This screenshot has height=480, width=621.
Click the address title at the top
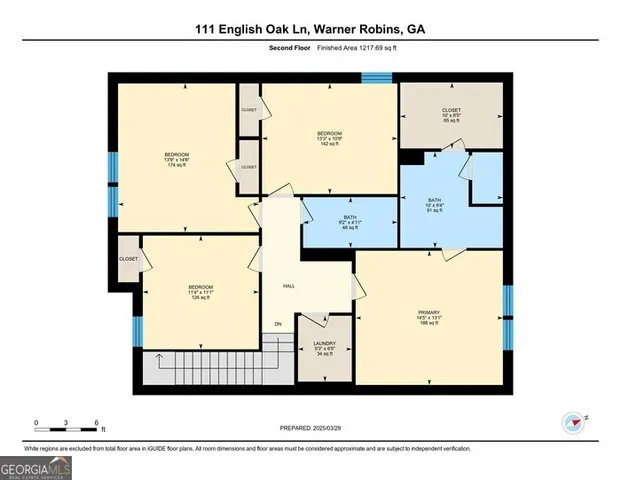[x=310, y=30]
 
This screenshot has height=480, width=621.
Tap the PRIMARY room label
[x=428, y=316]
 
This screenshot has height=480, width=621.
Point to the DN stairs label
[x=278, y=325]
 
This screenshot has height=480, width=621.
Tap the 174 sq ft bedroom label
[x=177, y=159]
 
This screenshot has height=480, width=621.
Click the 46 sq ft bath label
[x=350, y=222]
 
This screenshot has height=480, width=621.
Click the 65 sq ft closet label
[x=452, y=115]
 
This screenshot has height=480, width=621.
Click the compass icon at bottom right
[x=573, y=423]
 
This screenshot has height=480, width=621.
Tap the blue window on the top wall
[x=375, y=77]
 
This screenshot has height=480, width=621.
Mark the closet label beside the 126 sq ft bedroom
[x=128, y=258]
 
